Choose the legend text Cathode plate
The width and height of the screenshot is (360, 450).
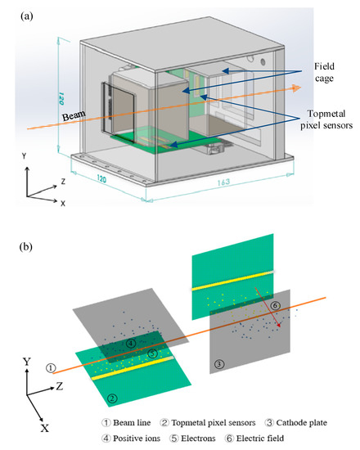point(309,424)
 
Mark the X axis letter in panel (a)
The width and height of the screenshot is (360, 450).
point(63,203)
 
